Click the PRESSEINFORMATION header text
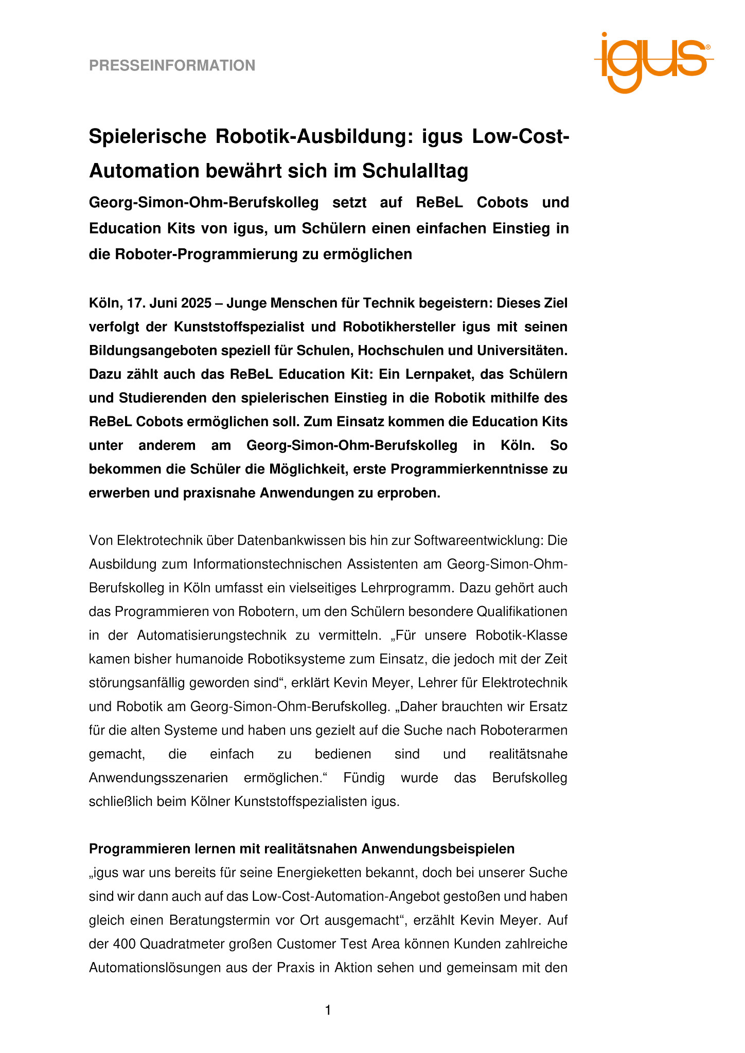[x=172, y=66]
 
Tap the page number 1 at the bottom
[x=328, y=1010]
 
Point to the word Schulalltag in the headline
[x=415, y=171]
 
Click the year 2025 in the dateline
[x=196, y=303]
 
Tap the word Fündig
[x=364, y=778]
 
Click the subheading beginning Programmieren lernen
[x=301, y=849]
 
